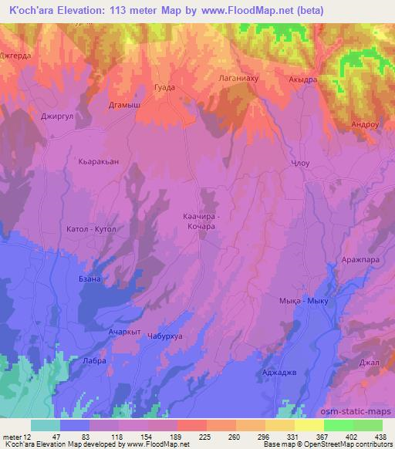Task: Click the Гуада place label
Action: (165, 88)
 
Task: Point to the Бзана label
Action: (90, 279)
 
